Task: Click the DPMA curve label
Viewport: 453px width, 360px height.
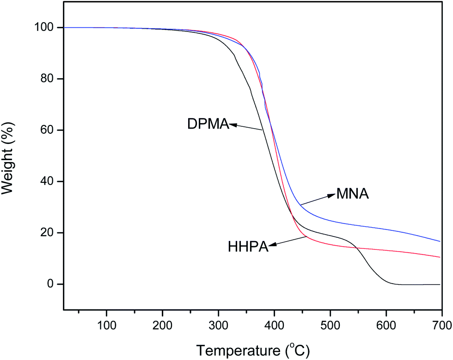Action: (x=208, y=124)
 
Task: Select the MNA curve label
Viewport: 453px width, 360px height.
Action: (x=352, y=194)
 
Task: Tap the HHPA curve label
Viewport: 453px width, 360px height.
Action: (x=248, y=247)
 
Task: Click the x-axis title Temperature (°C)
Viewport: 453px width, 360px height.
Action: (x=252, y=346)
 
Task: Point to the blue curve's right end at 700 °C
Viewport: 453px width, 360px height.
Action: (x=440, y=241)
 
